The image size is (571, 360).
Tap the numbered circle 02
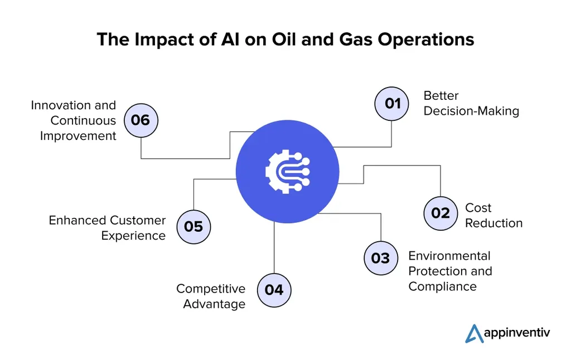(441, 212)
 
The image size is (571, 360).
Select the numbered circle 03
(380, 258)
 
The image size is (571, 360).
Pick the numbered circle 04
(274, 290)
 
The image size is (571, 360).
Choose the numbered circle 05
(193, 227)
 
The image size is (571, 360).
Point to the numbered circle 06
(141, 120)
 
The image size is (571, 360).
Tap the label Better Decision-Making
(471, 103)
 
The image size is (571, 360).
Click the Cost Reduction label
(493, 215)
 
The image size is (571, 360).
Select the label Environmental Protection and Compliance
(450, 271)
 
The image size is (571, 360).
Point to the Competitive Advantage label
(211, 296)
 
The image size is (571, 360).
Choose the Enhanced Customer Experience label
(107, 227)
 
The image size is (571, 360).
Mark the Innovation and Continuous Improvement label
(74, 120)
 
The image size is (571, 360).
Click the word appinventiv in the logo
(519, 333)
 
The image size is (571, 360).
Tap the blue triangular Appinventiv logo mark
(475, 333)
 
